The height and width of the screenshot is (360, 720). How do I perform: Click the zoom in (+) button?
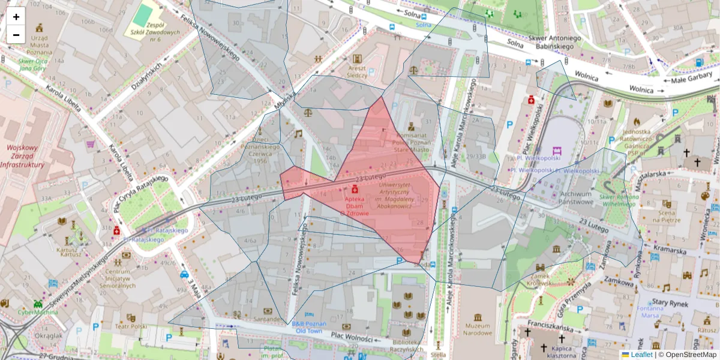click(16, 17)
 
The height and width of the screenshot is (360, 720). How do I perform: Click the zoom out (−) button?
click(16, 35)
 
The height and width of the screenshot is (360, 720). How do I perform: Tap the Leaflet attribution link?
click(641, 355)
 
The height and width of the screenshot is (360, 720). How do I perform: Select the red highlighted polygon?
click(384, 198)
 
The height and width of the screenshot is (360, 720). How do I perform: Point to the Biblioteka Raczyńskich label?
click(406, 344)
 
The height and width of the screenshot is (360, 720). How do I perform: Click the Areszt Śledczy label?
click(357, 72)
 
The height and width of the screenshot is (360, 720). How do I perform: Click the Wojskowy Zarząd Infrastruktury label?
click(22, 156)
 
